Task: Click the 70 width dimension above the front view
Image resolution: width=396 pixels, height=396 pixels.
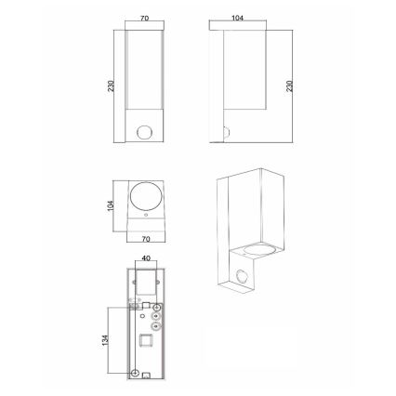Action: [x=145, y=19]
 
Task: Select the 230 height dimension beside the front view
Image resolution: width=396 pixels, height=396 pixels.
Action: [x=111, y=86]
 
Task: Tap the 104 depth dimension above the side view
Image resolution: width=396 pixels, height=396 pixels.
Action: [x=237, y=18]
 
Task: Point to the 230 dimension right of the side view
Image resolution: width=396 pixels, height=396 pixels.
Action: [x=290, y=86]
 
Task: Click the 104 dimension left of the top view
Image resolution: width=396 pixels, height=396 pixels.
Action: [x=111, y=206]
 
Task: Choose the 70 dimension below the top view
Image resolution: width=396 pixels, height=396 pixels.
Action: [x=146, y=239]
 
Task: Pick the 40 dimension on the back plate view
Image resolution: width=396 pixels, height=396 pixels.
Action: [x=146, y=258]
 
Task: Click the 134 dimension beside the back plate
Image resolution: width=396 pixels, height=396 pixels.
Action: [x=106, y=340]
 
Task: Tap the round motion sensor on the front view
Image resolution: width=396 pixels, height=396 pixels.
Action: [x=143, y=132]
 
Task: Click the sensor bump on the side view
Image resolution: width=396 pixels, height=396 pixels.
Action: [x=226, y=133]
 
